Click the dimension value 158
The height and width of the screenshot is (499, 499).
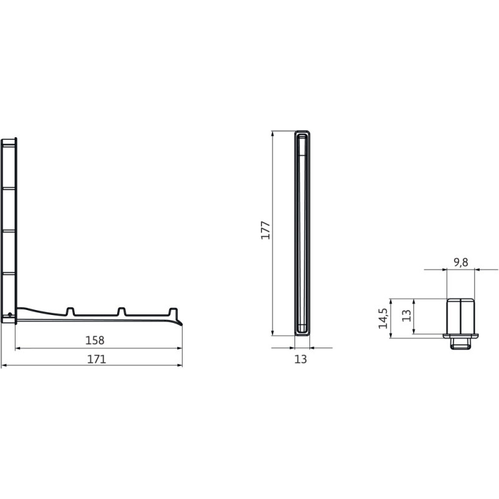[95, 341]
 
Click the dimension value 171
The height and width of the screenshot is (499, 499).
[97, 359]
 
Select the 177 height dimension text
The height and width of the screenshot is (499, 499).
[266, 230]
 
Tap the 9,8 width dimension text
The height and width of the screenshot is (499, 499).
[461, 263]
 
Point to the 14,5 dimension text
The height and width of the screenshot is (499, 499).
[383, 318]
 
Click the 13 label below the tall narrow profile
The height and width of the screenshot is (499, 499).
[301, 359]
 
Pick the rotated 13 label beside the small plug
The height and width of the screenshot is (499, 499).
[407, 316]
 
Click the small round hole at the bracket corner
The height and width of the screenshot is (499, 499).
[10, 314]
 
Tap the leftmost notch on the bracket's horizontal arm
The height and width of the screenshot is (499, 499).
[70, 311]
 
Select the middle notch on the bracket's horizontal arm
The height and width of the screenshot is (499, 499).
[121, 311]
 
